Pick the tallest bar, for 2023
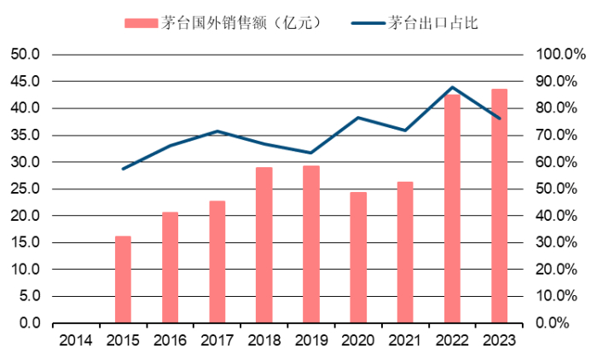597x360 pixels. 499,206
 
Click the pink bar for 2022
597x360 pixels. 452,209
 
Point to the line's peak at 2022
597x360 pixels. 452,87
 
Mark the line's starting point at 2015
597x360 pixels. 124,169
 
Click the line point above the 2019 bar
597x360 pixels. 311,153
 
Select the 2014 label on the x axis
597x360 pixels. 77,340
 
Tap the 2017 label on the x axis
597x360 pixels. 217,340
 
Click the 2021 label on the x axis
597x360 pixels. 405,340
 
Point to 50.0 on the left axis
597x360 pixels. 26,55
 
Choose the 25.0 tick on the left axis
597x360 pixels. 26,189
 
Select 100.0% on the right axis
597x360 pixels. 559,55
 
